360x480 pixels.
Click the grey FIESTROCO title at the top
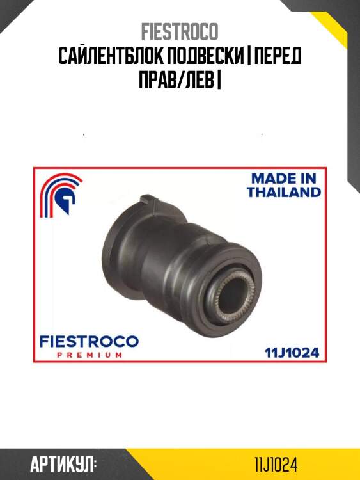coord(180,31)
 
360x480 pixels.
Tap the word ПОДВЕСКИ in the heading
coord(203,56)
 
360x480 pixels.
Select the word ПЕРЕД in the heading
coord(278,56)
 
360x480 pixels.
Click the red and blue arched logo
coord(61,195)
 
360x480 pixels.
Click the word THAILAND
coord(284,192)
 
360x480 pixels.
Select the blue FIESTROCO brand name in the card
coord(89,341)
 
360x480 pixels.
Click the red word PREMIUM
coord(90,355)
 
